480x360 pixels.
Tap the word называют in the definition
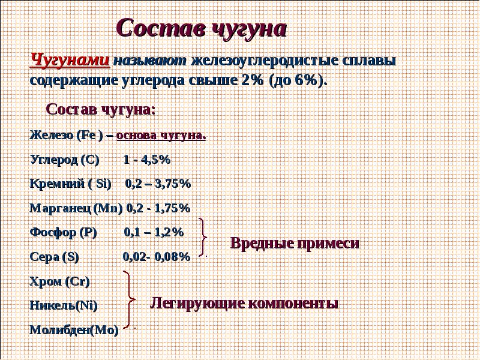tap(150, 61)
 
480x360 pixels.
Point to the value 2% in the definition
tap(252, 80)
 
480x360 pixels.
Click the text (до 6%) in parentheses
tap(296, 80)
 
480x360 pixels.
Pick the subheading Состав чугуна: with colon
tap(101, 109)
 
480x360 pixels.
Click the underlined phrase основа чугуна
tap(161, 136)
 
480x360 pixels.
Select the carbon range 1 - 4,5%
tap(146, 159)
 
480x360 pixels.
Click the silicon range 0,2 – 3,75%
tap(158, 184)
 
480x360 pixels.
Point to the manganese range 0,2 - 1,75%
tap(158, 208)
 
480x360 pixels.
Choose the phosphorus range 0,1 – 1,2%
tap(154, 232)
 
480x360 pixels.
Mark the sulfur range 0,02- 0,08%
tap(157, 257)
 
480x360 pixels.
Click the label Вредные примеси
tap(295, 243)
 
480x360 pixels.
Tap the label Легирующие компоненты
tap(244, 304)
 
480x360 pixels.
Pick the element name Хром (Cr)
tap(59, 281)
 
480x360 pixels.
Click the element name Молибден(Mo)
tap(74, 329)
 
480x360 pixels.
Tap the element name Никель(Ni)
tap(64, 305)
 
